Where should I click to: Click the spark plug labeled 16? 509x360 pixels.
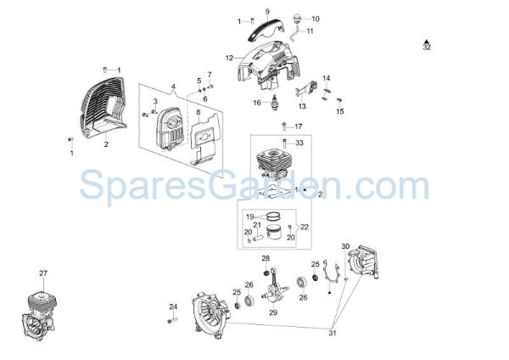[275, 103]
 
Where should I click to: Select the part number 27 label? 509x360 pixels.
[43, 273]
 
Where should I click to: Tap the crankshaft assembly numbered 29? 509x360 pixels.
[275, 287]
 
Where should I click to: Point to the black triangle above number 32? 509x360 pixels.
[427, 42]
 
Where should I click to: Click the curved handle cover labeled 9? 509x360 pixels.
[266, 29]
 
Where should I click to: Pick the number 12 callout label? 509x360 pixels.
[229, 58]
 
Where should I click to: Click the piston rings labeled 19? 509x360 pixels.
[273, 216]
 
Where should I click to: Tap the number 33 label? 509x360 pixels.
[299, 143]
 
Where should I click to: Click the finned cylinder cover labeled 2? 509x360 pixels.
[102, 108]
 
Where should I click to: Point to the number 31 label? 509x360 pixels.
[333, 333]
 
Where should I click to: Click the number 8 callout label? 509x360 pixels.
[198, 112]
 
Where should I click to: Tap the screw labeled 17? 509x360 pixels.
[285, 126]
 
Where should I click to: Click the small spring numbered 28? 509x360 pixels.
[266, 272]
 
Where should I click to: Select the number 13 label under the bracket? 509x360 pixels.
[302, 106]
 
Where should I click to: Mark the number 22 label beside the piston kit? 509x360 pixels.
[305, 227]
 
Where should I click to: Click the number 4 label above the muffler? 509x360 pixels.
[173, 87]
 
